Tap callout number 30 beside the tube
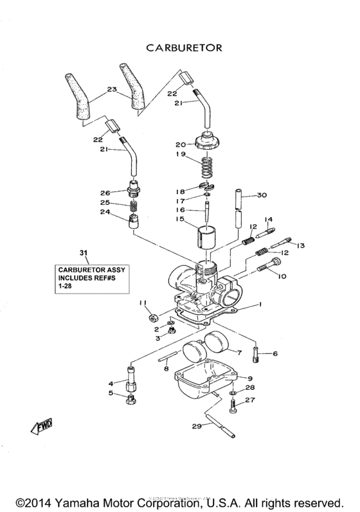click(x=262, y=195)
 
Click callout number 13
click(x=300, y=245)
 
